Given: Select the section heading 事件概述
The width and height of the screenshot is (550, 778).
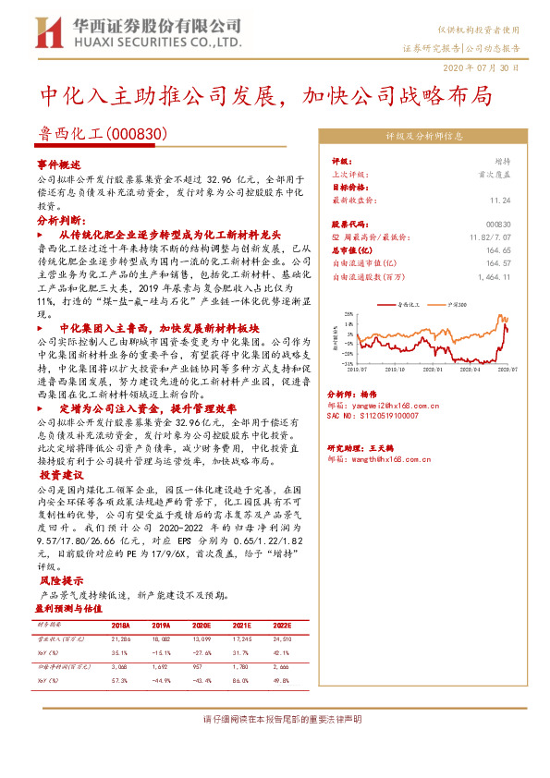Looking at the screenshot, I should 59,163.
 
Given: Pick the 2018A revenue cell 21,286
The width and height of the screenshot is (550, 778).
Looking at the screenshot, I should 120,638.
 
